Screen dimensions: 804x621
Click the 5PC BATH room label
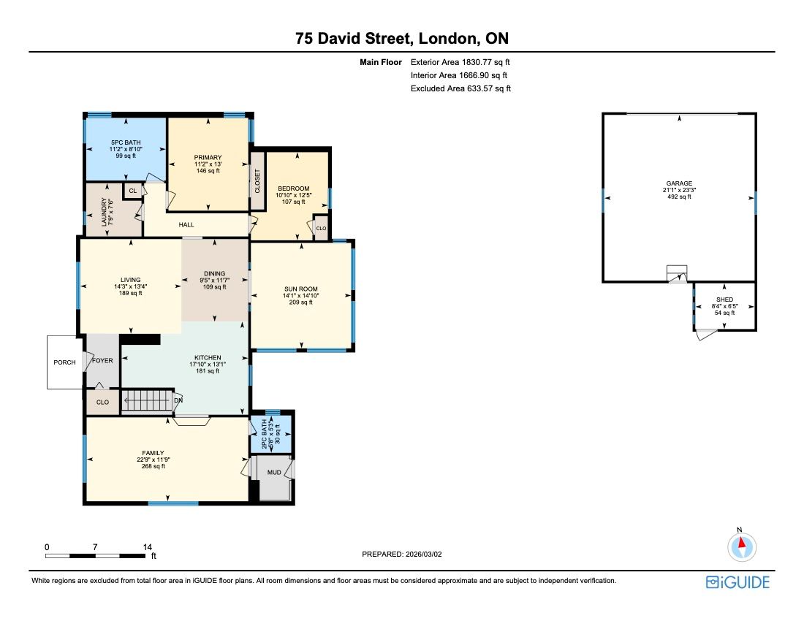click(126, 142)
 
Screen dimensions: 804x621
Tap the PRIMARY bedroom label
click(208, 157)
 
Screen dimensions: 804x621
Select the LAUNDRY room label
click(104, 212)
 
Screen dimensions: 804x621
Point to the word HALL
click(186, 224)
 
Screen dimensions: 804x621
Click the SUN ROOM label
click(301, 289)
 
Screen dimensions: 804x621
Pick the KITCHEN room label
click(208, 358)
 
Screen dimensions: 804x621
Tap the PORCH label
click(64, 362)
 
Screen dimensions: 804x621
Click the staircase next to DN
click(147, 400)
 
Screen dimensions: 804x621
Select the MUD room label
click(274, 473)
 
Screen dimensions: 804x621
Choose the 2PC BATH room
click(270, 434)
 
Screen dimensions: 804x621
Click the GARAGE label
click(680, 183)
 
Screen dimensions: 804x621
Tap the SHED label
click(724, 300)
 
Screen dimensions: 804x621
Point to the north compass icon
click(741, 546)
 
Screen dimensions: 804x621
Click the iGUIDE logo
click(738, 582)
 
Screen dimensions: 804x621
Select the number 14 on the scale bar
click(148, 546)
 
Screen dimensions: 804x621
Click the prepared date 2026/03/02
click(423, 554)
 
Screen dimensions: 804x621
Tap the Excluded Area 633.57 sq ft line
click(460, 88)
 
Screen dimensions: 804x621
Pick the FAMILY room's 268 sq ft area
click(153, 466)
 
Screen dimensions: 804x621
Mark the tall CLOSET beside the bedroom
click(257, 181)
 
